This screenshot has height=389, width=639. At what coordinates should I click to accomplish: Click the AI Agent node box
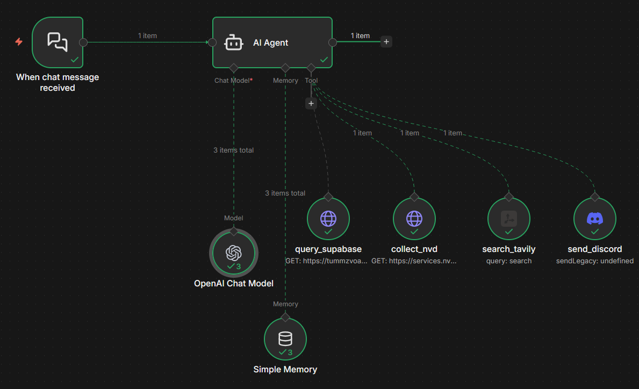point(272,42)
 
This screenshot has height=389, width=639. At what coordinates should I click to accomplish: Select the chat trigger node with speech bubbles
point(58,42)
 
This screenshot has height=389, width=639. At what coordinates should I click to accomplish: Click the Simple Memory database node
point(285,339)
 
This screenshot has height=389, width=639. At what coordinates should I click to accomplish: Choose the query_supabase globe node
point(328,219)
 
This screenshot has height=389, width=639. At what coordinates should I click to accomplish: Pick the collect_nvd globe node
point(414,219)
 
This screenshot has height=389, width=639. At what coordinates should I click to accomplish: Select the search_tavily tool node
point(509,219)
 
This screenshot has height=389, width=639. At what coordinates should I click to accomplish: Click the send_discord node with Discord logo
point(595,219)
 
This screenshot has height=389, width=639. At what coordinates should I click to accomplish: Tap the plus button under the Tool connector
point(311,104)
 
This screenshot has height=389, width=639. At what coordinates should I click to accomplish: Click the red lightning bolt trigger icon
point(19,41)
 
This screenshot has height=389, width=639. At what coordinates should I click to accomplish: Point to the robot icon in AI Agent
point(234,43)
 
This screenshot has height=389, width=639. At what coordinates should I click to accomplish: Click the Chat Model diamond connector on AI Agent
point(233,68)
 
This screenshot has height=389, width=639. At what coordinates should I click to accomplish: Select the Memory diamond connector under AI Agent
point(285,68)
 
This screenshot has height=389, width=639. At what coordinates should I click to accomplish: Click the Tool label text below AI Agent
point(311,81)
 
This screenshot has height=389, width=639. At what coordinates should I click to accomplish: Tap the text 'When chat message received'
point(58,82)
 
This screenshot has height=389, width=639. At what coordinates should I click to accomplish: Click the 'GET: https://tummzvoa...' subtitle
point(326,261)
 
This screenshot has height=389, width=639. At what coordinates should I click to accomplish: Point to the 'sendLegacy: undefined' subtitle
point(595,261)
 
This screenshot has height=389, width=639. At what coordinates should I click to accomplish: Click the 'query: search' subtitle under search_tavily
point(509,261)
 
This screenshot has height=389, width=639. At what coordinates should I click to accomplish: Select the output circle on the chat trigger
point(83,42)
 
